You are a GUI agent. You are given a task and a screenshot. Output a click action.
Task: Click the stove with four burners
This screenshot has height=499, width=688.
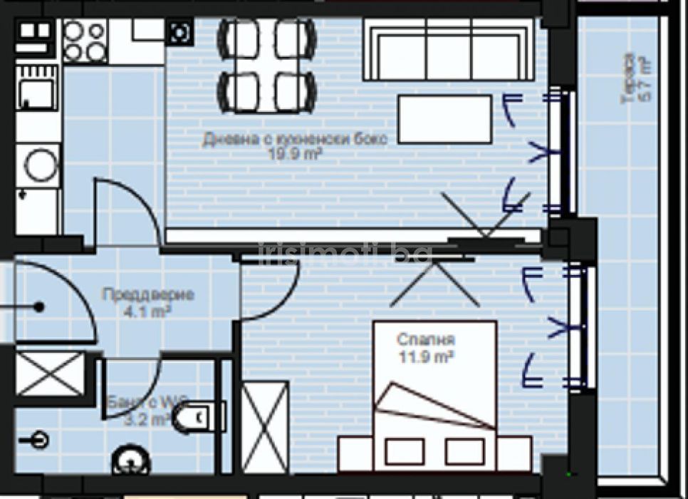[x=85, y=41]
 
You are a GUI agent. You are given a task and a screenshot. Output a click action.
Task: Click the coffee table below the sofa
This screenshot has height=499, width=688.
[x=444, y=119]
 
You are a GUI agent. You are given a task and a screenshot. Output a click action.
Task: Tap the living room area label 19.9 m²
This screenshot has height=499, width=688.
[x=296, y=152]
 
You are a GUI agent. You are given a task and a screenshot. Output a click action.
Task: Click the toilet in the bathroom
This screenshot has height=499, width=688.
[x=196, y=418]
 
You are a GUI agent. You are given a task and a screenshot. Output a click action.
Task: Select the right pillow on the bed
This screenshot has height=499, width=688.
[x=464, y=451]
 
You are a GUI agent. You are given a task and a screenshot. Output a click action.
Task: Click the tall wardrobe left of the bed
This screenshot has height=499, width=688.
[x=265, y=427]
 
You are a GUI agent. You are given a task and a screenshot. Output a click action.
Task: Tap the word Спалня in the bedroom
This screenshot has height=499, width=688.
[x=426, y=340]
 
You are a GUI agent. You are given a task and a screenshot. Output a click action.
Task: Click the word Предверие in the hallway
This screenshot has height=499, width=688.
[x=148, y=294]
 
